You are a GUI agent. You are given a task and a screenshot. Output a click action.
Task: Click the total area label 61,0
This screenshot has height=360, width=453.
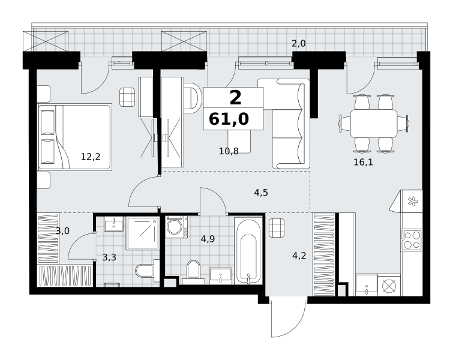click(x=229, y=119)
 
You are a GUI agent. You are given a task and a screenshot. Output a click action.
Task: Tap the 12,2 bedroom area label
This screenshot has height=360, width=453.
click(x=91, y=157)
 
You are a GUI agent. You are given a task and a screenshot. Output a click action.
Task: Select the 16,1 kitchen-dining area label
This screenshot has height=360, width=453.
click(x=363, y=163)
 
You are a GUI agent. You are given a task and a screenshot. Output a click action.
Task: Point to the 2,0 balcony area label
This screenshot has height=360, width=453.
click(x=298, y=44)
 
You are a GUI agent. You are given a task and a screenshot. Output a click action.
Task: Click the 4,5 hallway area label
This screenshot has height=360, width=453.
click(x=261, y=193)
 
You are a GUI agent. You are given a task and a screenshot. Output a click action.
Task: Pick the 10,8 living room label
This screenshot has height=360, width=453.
click(x=229, y=151)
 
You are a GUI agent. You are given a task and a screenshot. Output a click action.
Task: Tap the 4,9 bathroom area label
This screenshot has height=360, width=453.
click(x=208, y=239)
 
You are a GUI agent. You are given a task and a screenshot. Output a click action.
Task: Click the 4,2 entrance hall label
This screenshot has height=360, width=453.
click(x=299, y=256)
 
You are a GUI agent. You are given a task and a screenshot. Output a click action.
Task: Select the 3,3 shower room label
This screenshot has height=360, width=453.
click(x=109, y=257)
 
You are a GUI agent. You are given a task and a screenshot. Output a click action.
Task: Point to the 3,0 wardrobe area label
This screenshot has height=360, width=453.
click(x=62, y=231)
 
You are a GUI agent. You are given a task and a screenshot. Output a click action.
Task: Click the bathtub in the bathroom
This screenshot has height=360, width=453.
click(x=248, y=251)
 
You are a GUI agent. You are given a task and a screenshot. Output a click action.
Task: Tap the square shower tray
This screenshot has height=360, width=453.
click(x=143, y=233)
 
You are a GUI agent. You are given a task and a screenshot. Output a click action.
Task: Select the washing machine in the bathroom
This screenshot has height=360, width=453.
click(x=176, y=227)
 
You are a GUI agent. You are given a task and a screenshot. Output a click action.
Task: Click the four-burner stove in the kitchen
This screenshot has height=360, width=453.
click(x=412, y=240)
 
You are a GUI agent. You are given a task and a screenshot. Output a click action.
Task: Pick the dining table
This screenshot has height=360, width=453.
click(x=374, y=124)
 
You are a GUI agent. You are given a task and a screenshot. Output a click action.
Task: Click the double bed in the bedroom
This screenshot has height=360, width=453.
click(x=75, y=137)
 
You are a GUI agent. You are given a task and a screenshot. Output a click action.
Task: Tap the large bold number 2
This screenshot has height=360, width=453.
click(x=235, y=98)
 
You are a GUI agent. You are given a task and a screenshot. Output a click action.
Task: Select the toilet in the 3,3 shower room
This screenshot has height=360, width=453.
click(x=147, y=271)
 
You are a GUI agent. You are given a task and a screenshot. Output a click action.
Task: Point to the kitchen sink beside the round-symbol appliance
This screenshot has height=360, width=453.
click(x=367, y=285)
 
